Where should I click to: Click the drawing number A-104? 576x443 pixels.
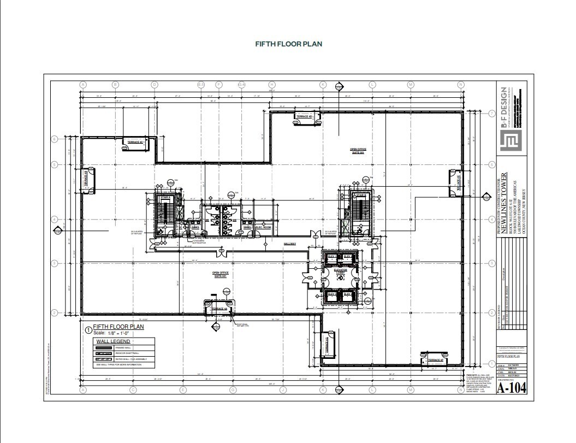click(512, 388)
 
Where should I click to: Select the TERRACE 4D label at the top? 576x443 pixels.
click(304, 117)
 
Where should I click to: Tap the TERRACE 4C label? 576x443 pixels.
click(135, 142)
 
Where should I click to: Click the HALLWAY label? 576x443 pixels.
click(289, 244)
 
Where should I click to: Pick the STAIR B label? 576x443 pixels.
click(360, 194)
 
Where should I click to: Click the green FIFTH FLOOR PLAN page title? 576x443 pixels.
click(288, 44)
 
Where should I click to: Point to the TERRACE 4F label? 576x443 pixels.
click(435, 361)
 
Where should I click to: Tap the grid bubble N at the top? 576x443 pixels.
click(461, 85)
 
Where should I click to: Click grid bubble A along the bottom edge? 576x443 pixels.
click(84, 390)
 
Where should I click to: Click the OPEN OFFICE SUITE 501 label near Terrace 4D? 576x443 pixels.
click(358, 150)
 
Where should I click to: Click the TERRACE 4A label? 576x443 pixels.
click(218, 309)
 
